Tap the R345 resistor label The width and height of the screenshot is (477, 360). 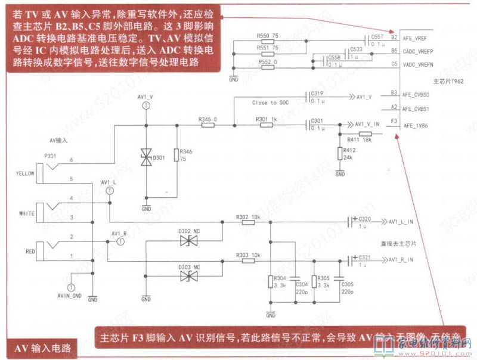pyautogui.click(x=207, y=120)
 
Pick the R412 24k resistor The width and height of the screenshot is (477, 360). pyautogui.click(x=340, y=154)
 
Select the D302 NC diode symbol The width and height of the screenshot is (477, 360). pyautogui.click(x=190, y=241)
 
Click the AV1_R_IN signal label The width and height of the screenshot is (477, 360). pyautogui.click(x=401, y=260)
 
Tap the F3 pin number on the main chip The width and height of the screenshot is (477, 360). pyautogui.click(x=394, y=121)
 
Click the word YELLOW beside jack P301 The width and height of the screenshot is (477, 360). pyautogui.click(x=25, y=173)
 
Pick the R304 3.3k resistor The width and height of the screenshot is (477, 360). pyautogui.click(x=271, y=281)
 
